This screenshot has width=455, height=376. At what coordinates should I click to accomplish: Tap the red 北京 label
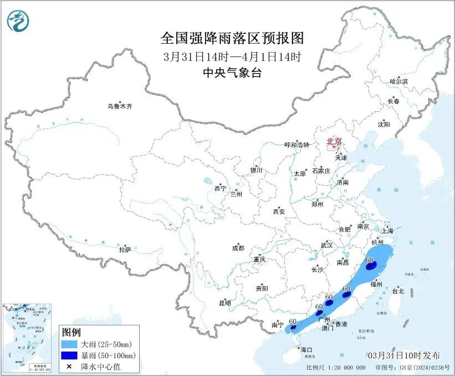(x=334, y=141)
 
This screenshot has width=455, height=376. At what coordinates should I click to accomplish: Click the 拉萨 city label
(x=125, y=250)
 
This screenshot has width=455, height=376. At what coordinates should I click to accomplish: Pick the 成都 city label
(x=238, y=249)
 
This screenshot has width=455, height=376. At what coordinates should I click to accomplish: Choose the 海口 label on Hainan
(x=306, y=350)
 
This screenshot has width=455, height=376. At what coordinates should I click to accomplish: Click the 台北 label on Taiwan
(x=398, y=291)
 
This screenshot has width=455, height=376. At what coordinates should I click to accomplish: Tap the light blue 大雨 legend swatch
(x=70, y=344)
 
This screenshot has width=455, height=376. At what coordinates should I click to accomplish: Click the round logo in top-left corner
(x=18, y=20)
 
